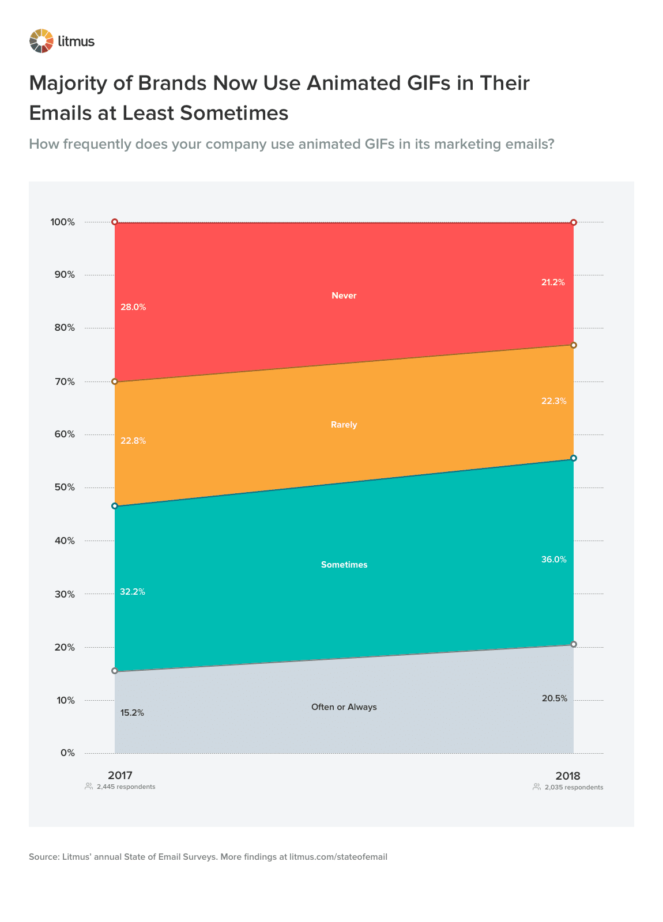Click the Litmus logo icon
point(42,41)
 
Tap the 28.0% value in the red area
point(133,307)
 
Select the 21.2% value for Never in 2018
point(553,282)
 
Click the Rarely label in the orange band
point(344,425)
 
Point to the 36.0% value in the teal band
point(553,559)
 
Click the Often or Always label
point(344,707)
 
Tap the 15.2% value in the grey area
point(132,713)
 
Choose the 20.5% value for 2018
point(554,698)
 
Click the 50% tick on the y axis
point(65,488)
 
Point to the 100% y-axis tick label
point(63,222)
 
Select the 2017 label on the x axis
point(120,776)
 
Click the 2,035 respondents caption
point(574,787)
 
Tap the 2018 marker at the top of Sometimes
point(573,458)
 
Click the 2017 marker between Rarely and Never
point(114,381)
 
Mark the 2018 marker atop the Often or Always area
point(573,644)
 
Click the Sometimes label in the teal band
point(344,565)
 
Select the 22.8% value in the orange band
point(133,441)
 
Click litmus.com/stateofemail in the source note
point(338,857)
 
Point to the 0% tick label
point(67,753)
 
